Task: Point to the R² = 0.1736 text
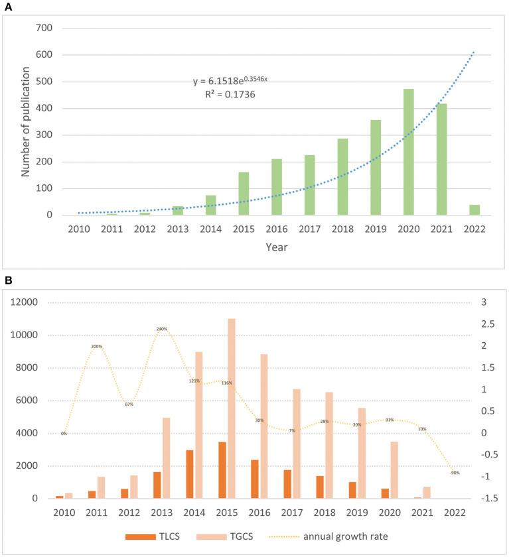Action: click(x=229, y=95)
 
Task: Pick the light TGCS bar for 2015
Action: click(x=232, y=408)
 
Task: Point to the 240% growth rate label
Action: click(x=161, y=329)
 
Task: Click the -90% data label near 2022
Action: click(x=455, y=473)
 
